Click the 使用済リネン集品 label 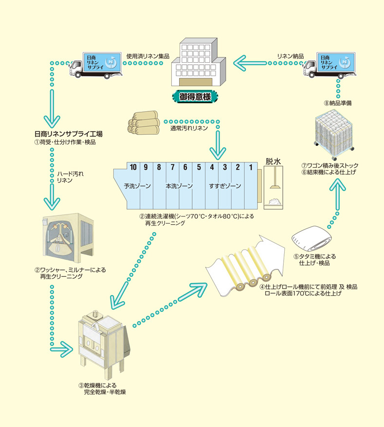[147, 56]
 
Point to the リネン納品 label [291, 56]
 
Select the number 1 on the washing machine [251, 167]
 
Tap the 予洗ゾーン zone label [137, 186]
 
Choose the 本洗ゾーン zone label [179, 186]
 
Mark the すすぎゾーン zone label [225, 186]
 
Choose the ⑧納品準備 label [337, 104]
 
